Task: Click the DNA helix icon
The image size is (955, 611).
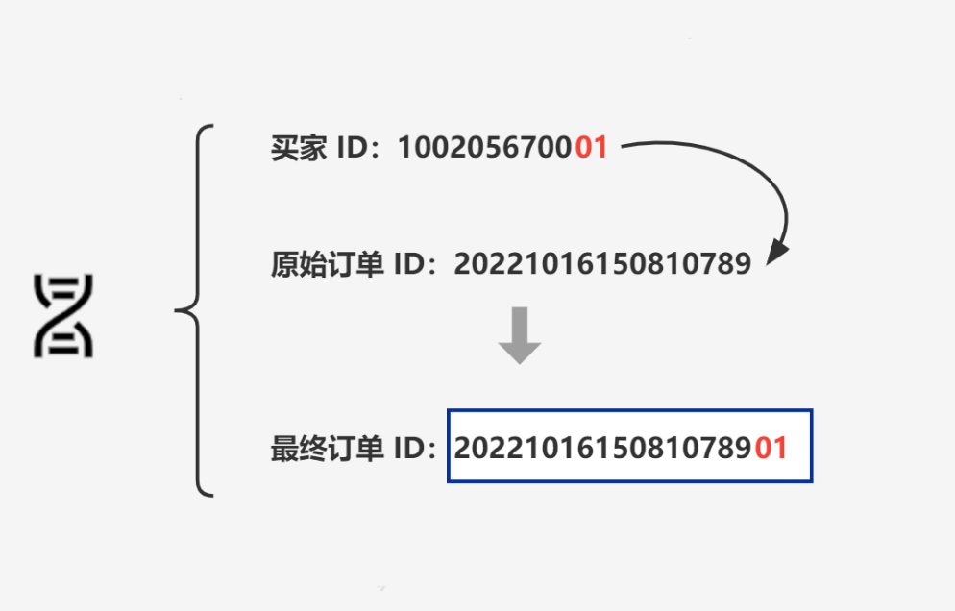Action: click(x=63, y=316)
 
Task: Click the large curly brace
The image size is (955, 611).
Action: click(x=197, y=310)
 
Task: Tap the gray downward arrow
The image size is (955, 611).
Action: click(x=520, y=335)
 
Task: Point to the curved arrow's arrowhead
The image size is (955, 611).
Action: click(x=776, y=254)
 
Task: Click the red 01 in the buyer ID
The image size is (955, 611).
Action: click(x=591, y=148)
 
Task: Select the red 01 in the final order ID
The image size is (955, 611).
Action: click(x=771, y=448)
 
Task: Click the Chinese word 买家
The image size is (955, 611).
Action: click(x=299, y=148)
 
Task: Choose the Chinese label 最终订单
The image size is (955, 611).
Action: click(x=328, y=449)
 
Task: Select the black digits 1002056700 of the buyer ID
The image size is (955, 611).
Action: click(x=485, y=148)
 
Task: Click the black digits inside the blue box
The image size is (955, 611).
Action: click(x=603, y=448)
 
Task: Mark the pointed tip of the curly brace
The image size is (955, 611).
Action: click(x=177, y=310)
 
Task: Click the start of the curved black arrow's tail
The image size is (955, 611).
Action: click(x=624, y=147)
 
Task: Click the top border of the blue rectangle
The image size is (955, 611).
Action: click(x=629, y=411)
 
